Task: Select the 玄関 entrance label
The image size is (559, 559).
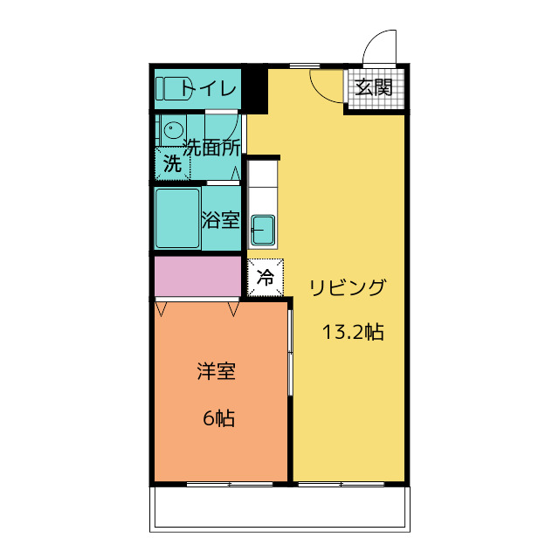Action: (x=374, y=87)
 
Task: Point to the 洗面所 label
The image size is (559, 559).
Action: (x=211, y=148)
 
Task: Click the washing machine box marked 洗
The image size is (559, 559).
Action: (x=173, y=163)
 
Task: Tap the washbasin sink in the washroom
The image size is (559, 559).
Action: (x=172, y=132)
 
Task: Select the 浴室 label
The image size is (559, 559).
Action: (x=220, y=219)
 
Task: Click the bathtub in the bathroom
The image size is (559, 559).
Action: (x=177, y=219)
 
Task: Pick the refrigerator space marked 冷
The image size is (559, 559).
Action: (x=266, y=279)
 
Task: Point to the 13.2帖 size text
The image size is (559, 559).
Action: (x=353, y=332)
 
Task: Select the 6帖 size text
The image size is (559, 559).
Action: (x=218, y=418)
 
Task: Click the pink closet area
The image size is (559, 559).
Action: (x=197, y=276)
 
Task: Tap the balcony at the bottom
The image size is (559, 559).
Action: (x=279, y=507)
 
